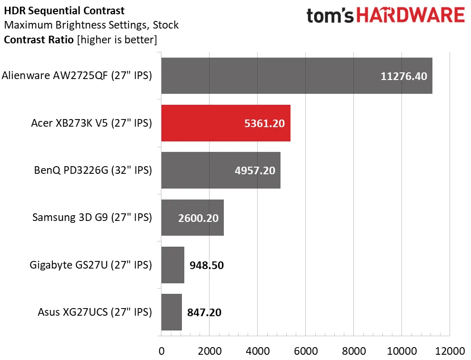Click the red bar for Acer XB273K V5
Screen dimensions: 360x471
(x=226, y=123)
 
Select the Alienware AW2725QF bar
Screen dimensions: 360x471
(x=297, y=76)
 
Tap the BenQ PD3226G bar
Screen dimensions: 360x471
(x=221, y=170)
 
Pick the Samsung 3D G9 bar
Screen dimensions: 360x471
(x=192, y=218)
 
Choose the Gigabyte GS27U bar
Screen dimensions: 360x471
(x=173, y=265)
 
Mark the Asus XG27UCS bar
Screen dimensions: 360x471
(x=171, y=312)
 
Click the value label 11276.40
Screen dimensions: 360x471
(x=404, y=76)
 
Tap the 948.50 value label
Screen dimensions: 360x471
(x=206, y=265)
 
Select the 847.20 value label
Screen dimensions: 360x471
(x=204, y=312)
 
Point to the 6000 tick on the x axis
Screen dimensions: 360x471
(x=306, y=351)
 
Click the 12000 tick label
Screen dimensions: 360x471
(x=450, y=351)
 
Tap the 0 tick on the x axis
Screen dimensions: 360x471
(x=161, y=351)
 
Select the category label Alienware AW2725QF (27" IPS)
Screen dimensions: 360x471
(x=77, y=75)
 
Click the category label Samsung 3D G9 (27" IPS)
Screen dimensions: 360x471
(x=92, y=218)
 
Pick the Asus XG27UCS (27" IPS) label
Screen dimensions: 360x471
(x=95, y=312)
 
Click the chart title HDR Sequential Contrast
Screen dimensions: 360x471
(x=64, y=10)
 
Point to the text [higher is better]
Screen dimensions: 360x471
(x=116, y=40)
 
